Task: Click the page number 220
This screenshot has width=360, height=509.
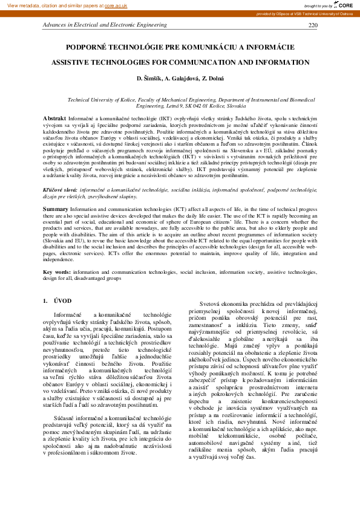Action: pos(313,25)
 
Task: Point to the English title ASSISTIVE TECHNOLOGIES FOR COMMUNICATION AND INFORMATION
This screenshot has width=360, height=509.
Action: pos(180,62)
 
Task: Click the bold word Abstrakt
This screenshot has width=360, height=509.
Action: pos(54,117)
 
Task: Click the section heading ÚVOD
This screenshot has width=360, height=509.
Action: pos(62,300)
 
